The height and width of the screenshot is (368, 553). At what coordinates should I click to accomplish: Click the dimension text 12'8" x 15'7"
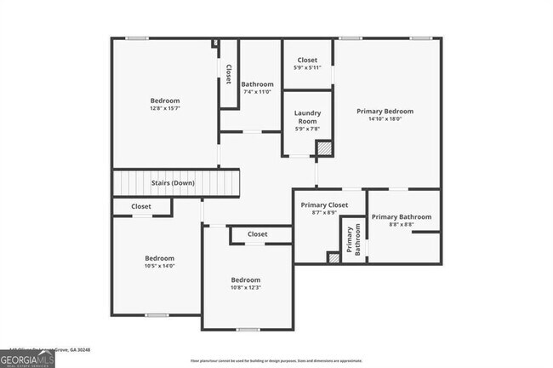tap(164, 108)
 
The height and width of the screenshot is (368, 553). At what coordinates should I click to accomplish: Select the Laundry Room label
tap(307, 118)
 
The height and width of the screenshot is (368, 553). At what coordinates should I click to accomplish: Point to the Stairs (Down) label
tap(172, 183)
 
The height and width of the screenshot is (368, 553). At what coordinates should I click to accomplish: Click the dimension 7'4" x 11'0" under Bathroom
tap(257, 92)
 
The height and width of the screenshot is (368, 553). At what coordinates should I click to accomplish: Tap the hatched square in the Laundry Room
tap(323, 148)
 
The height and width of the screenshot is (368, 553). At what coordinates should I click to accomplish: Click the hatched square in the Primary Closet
tap(334, 257)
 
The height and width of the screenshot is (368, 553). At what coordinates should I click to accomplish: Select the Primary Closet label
tap(325, 204)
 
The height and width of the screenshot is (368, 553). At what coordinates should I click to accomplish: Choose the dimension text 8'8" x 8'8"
tap(402, 225)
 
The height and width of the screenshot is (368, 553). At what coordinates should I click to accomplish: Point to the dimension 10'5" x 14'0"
tap(159, 266)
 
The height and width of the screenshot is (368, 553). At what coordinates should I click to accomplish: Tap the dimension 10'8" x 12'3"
tap(246, 288)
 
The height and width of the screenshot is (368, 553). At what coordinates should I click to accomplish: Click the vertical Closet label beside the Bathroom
tap(228, 74)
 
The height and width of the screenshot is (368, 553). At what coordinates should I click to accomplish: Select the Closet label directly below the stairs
tap(141, 206)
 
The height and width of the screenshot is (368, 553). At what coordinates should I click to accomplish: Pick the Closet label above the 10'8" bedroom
tap(257, 234)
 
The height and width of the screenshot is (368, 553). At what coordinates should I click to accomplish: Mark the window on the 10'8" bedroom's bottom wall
tap(248, 329)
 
